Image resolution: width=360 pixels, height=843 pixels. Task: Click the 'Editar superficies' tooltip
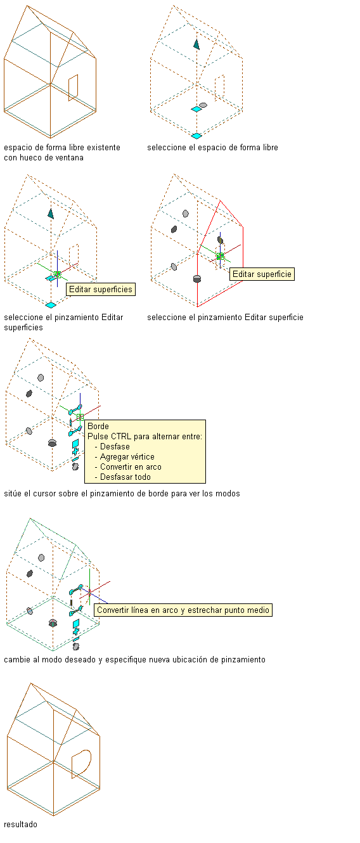pos(101,290)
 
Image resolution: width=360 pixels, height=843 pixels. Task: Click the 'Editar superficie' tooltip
pos(262,274)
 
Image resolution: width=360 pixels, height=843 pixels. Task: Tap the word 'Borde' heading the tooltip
pos(98,426)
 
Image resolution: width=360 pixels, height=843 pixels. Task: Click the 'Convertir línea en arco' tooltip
pos(183,610)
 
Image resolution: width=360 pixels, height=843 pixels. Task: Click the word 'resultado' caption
pos(21,824)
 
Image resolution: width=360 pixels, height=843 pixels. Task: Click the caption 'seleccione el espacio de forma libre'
pos(212,148)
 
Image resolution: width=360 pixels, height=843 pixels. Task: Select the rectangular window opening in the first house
pos(74,87)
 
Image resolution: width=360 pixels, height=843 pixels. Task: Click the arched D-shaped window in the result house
pos(81,764)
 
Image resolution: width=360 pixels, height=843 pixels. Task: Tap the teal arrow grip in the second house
pos(196,44)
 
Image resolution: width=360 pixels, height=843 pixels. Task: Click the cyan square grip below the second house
pos(196,136)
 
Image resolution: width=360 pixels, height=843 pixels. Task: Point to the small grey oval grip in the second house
pos(203,105)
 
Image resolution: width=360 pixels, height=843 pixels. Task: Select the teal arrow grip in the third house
pos(51,214)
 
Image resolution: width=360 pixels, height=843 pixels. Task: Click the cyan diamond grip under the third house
pos(51,305)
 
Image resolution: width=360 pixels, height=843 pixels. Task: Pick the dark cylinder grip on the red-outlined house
pos(196,278)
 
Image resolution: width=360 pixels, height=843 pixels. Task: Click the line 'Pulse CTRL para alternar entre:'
pos(145,436)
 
